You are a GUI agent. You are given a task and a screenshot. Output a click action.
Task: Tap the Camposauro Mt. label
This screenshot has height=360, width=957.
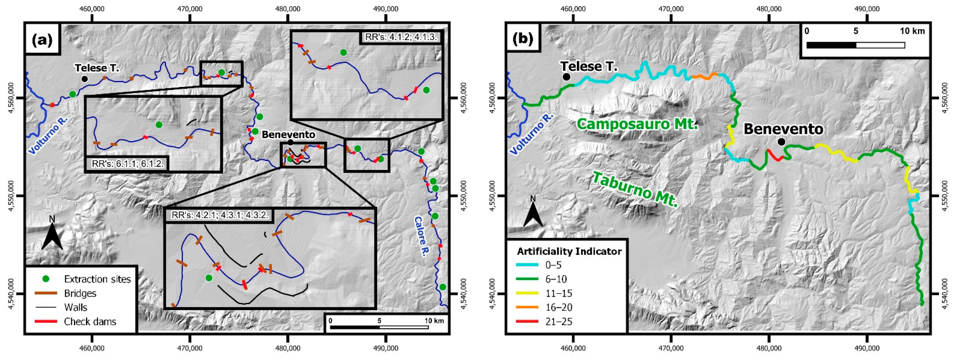(x=637, y=124)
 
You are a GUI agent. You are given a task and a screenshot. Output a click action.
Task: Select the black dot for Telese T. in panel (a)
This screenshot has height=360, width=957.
(x=84, y=79)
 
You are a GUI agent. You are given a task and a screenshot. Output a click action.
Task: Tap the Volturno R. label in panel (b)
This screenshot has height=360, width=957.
(x=531, y=134)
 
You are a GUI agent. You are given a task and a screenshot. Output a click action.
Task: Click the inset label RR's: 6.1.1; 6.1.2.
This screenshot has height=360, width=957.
(x=127, y=164)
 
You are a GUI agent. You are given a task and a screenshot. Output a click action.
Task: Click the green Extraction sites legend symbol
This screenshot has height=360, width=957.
(x=46, y=279)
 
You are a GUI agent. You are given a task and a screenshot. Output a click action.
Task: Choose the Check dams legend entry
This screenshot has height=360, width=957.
(x=90, y=321)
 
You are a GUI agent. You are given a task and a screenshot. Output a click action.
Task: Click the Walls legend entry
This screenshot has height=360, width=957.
(x=75, y=307)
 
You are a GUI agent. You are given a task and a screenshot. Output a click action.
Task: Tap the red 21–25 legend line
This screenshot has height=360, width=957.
(x=528, y=321)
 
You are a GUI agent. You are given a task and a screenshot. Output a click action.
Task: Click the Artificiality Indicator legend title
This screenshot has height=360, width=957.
(x=569, y=252)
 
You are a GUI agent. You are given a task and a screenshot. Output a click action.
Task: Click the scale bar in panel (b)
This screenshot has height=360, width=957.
(x=855, y=45)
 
